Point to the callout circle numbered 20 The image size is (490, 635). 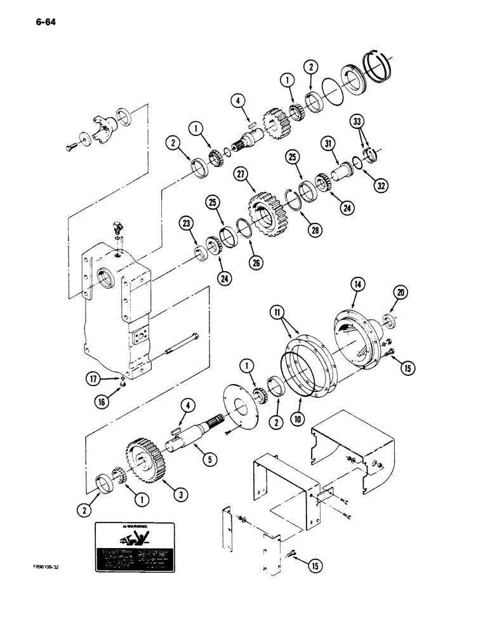click(401, 292)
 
